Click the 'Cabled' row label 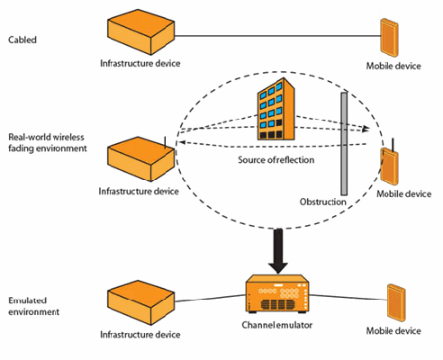[23, 40]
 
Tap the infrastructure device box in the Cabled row [140, 32]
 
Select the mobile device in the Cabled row [389, 38]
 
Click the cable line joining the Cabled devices [277, 36]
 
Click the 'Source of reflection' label [276, 159]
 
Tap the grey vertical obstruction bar [344, 144]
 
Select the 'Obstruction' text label [323, 202]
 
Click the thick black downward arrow [278, 251]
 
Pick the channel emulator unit [277, 294]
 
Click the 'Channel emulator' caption [277, 325]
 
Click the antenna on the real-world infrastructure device [165, 142]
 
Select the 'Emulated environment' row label [33, 306]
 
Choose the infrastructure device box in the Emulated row [140, 302]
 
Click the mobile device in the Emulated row [396, 302]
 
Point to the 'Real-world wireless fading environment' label [48, 143]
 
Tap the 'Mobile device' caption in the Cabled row [393, 66]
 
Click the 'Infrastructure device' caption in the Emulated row [140, 335]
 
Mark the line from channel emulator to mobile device [348, 297]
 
